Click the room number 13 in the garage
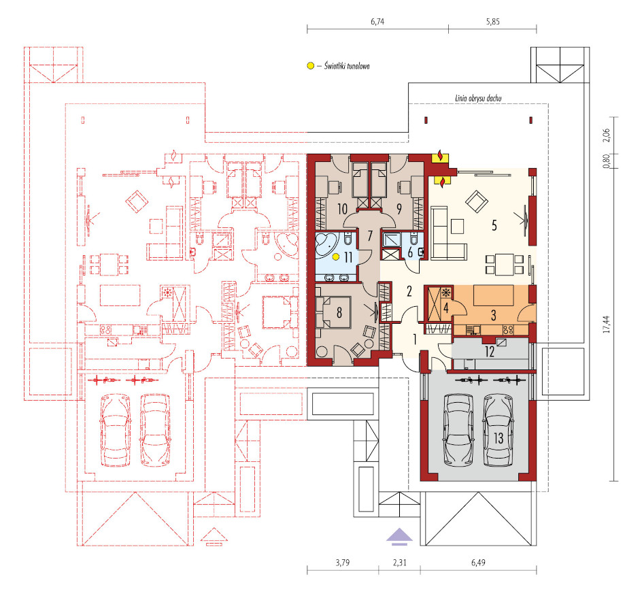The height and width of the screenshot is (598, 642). [x=499, y=438]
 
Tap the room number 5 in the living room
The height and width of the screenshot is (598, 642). [x=494, y=225]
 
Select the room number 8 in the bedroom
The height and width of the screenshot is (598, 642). [x=339, y=313]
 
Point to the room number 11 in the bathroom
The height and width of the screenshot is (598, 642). [x=348, y=258]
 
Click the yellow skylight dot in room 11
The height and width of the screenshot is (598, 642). [x=336, y=257]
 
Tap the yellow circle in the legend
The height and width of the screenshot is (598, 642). [x=311, y=65]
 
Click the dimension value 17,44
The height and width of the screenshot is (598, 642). [x=606, y=324]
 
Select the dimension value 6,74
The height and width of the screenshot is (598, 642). [x=377, y=22]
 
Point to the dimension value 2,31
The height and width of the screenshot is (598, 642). [x=400, y=563]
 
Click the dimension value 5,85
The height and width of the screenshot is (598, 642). [x=493, y=22]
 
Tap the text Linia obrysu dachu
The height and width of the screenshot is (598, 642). [x=478, y=98]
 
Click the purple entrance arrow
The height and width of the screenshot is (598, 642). [x=400, y=537]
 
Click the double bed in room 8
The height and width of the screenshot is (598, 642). [x=333, y=312]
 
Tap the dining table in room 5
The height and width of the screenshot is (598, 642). [x=505, y=265]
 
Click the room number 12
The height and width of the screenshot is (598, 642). [x=489, y=352]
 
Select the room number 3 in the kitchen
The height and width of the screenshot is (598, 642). [x=493, y=316]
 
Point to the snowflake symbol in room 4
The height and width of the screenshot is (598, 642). [x=446, y=293]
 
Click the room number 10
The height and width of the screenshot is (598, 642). [x=342, y=210]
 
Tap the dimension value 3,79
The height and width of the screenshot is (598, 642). [x=343, y=563]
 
